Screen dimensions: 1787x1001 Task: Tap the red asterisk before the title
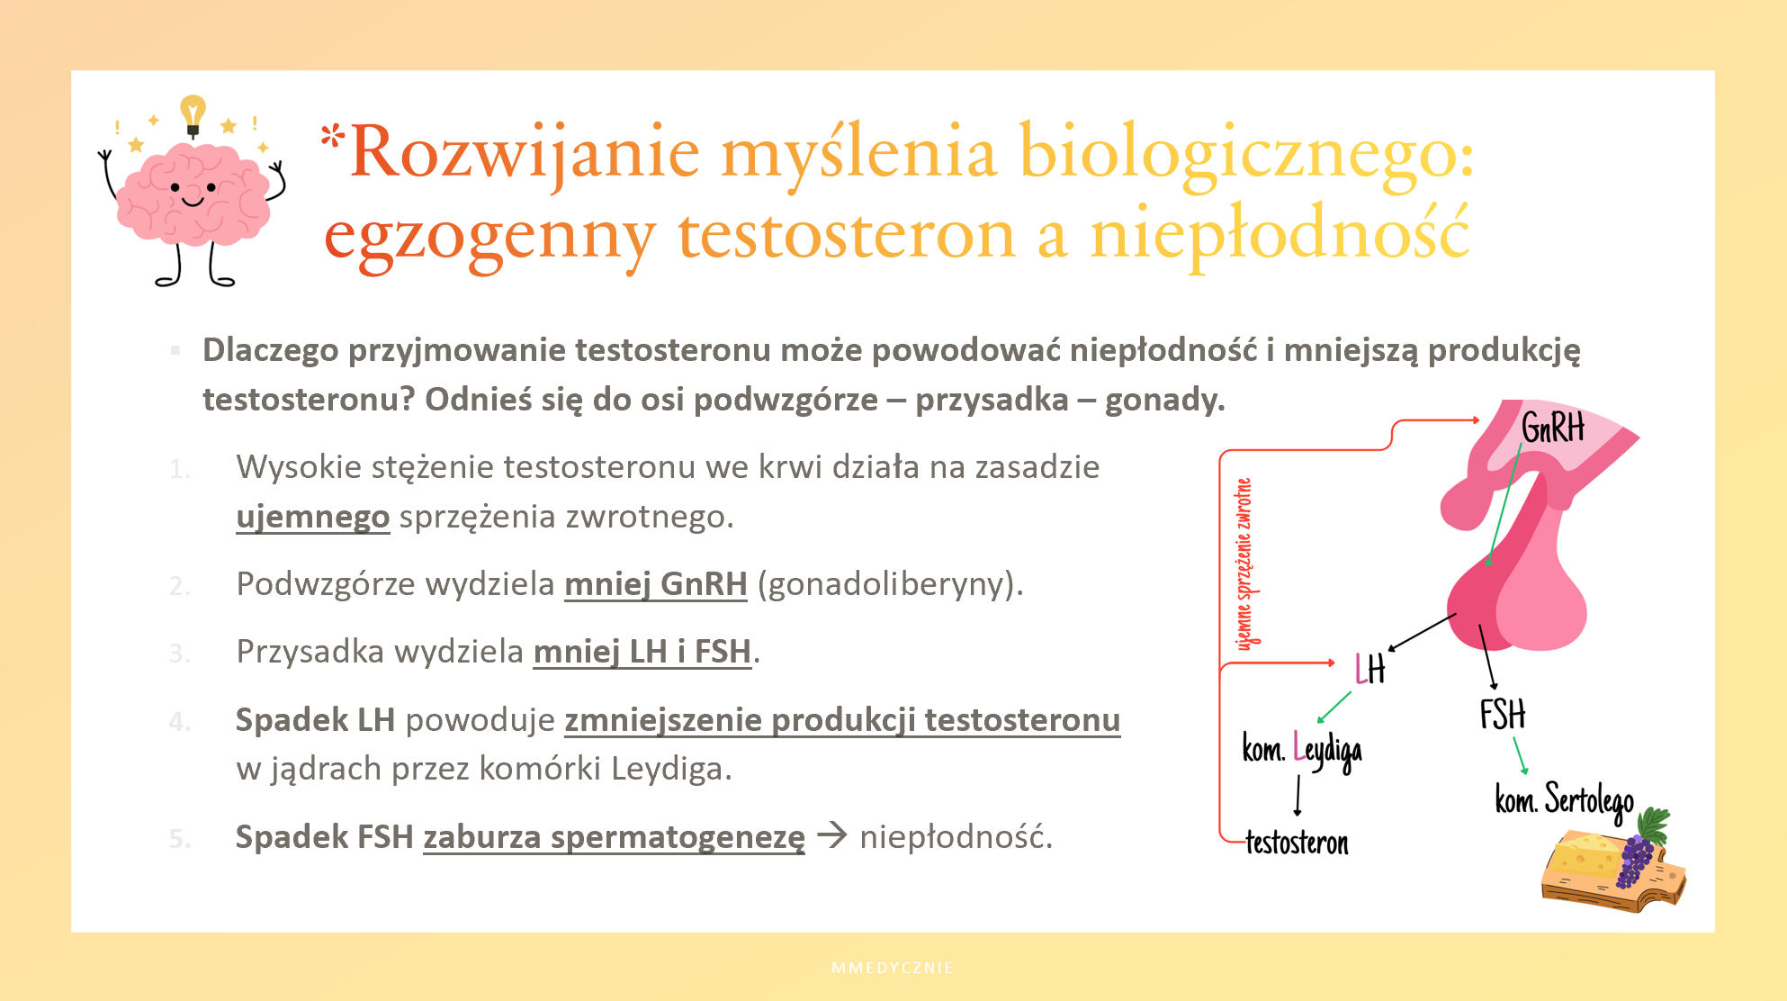coord(332,136)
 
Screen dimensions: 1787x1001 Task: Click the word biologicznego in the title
coord(1247,154)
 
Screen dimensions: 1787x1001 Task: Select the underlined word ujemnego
coord(313,517)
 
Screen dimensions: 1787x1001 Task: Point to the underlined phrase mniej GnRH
coord(656,583)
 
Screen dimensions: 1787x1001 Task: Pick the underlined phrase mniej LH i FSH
coord(642,651)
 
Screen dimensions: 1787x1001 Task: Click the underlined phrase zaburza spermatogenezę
coord(614,837)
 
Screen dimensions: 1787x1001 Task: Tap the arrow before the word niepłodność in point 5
coord(832,835)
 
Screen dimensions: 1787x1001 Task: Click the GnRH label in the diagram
coord(1553,427)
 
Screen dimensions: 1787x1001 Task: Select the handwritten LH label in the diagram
coord(1370,669)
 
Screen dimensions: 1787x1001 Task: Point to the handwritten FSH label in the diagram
coord(1503,714)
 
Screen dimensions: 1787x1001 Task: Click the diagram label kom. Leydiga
coord(1302,750)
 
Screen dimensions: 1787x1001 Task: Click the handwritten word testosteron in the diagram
coord(1297,843)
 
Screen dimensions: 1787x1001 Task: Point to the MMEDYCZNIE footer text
coord(893,968)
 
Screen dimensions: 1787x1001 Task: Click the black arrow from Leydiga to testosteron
coord(1298,796)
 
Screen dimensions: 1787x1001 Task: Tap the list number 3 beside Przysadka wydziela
coord(179,653)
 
